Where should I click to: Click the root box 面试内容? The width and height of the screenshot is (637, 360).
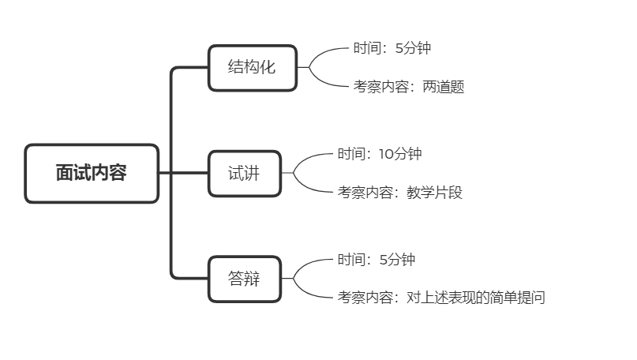tap(92, 173)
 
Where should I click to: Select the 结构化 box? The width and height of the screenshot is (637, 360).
tap(252, 68)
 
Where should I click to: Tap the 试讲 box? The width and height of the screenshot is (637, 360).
tap(243, 173)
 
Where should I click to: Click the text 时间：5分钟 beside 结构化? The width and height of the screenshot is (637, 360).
tap(392, 48)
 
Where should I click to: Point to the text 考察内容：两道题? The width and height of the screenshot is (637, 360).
tap(408, 87)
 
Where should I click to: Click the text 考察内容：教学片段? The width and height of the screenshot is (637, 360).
tap(399, 192)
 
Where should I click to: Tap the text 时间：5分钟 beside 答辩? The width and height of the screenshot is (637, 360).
tap(376, 260)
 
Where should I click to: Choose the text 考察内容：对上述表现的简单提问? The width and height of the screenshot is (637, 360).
tap(441, 298)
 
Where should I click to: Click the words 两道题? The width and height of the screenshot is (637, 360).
tap(444, 87)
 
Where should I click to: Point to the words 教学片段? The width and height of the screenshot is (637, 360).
tap(434, 192)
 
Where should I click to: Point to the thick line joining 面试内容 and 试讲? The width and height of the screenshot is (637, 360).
tap(183, 173)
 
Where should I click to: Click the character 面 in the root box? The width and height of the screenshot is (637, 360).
tap(65, 173)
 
